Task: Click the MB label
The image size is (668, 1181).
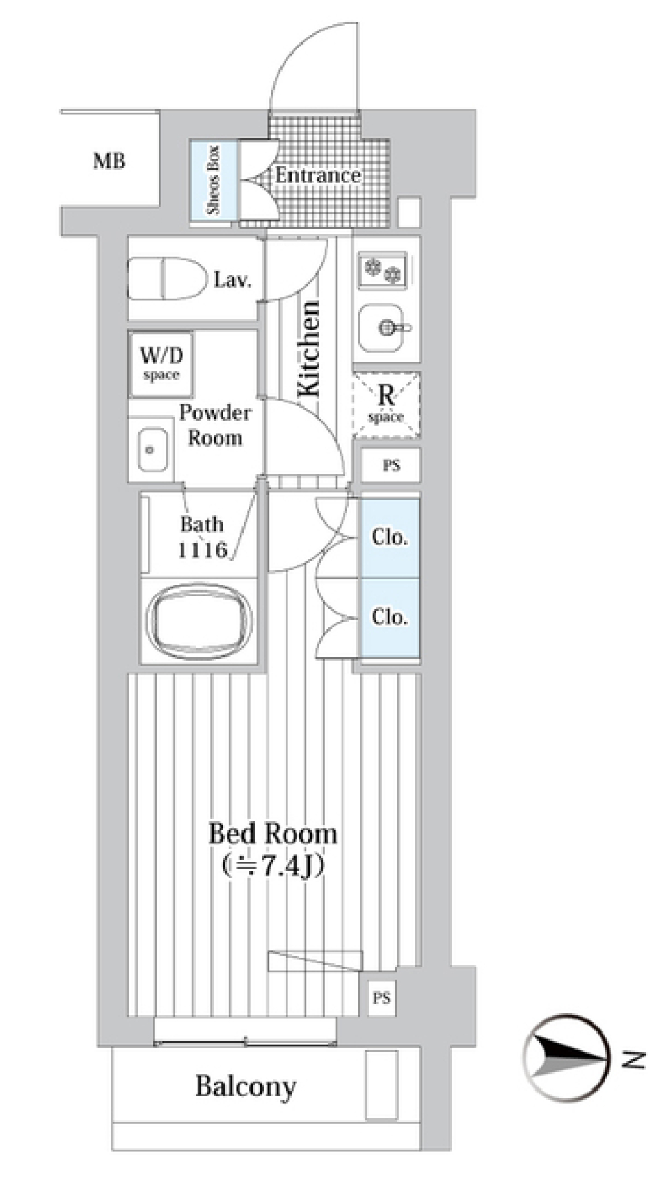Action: pos(109,161)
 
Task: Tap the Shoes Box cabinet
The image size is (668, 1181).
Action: pos(214,180)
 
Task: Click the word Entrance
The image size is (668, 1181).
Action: pos(317,175)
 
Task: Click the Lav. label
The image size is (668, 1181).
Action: pos(232,280)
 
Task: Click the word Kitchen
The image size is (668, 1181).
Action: pos(308,349)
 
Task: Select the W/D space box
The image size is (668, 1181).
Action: pos(161,363)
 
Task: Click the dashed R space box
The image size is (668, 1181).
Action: pos(386,405)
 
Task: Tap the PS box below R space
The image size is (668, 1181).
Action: pos(391,465)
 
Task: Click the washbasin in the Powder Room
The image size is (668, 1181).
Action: pos(150,450)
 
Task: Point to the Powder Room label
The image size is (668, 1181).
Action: pos(214,425)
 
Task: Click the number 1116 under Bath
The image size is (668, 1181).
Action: pos(202,550)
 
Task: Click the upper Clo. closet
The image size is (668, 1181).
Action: pos(389,537)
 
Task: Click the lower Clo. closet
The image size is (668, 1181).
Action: pos(389,617)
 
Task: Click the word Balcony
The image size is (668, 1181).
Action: pos(245,1086)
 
